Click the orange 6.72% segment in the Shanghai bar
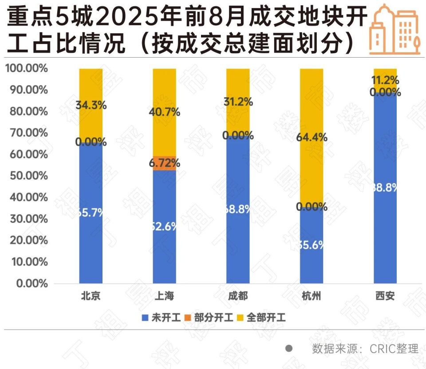[x=164, y=163]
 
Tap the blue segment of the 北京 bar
[x=91, y=213]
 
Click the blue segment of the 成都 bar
[x=238, y=208]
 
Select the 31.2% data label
[x=238, y=102]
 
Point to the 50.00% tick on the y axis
[x=26, y=176]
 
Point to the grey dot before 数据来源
[x=289, y=349]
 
